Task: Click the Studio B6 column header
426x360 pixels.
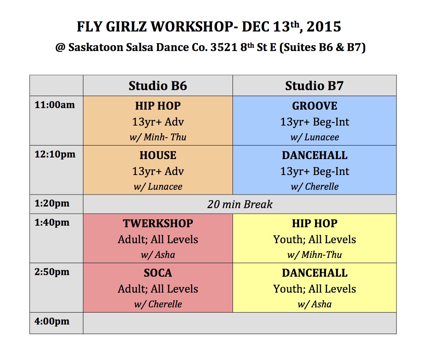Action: (158, 86)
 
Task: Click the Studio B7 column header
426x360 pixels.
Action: (314, 86)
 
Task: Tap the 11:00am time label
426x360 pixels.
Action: (55, 105)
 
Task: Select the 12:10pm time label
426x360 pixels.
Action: (55, 154)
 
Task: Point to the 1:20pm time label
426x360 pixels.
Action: (52, 204)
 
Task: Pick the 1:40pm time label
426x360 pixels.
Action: (52, 222)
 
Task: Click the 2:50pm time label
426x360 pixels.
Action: (52, 272)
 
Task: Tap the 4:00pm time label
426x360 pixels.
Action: (52, 321)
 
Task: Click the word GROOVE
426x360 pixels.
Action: (315, 106)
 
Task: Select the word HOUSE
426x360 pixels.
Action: (158, 155)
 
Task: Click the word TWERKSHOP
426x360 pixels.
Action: (158, 223)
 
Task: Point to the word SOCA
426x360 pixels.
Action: (158, 273)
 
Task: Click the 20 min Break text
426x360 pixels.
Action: (240, 205)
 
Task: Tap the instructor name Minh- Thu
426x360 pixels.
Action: (165, 137)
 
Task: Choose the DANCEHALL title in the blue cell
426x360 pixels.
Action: (315, 155)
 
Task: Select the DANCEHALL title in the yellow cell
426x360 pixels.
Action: (315, 273)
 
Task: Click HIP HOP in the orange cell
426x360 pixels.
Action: (158, 106)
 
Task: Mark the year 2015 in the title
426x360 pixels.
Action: (324, 27)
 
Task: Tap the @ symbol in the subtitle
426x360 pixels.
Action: (60, 47)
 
